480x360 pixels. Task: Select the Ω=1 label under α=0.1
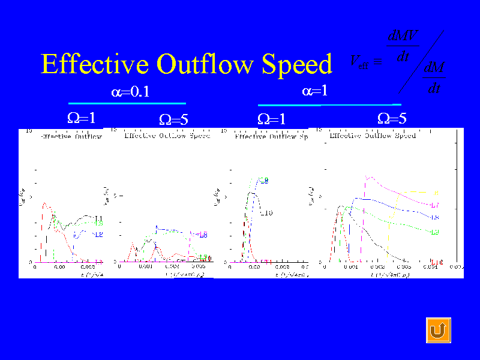82,118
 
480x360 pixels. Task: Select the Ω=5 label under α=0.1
173,119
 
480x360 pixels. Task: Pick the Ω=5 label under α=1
392,118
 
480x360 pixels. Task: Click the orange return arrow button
438,331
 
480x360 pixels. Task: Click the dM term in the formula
434,68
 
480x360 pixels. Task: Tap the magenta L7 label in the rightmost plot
436,205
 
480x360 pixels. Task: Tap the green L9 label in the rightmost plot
436,232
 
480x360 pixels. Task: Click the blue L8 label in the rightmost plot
436,217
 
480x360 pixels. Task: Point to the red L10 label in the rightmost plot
437,262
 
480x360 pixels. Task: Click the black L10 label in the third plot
266,213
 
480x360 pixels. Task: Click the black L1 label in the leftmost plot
99,218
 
